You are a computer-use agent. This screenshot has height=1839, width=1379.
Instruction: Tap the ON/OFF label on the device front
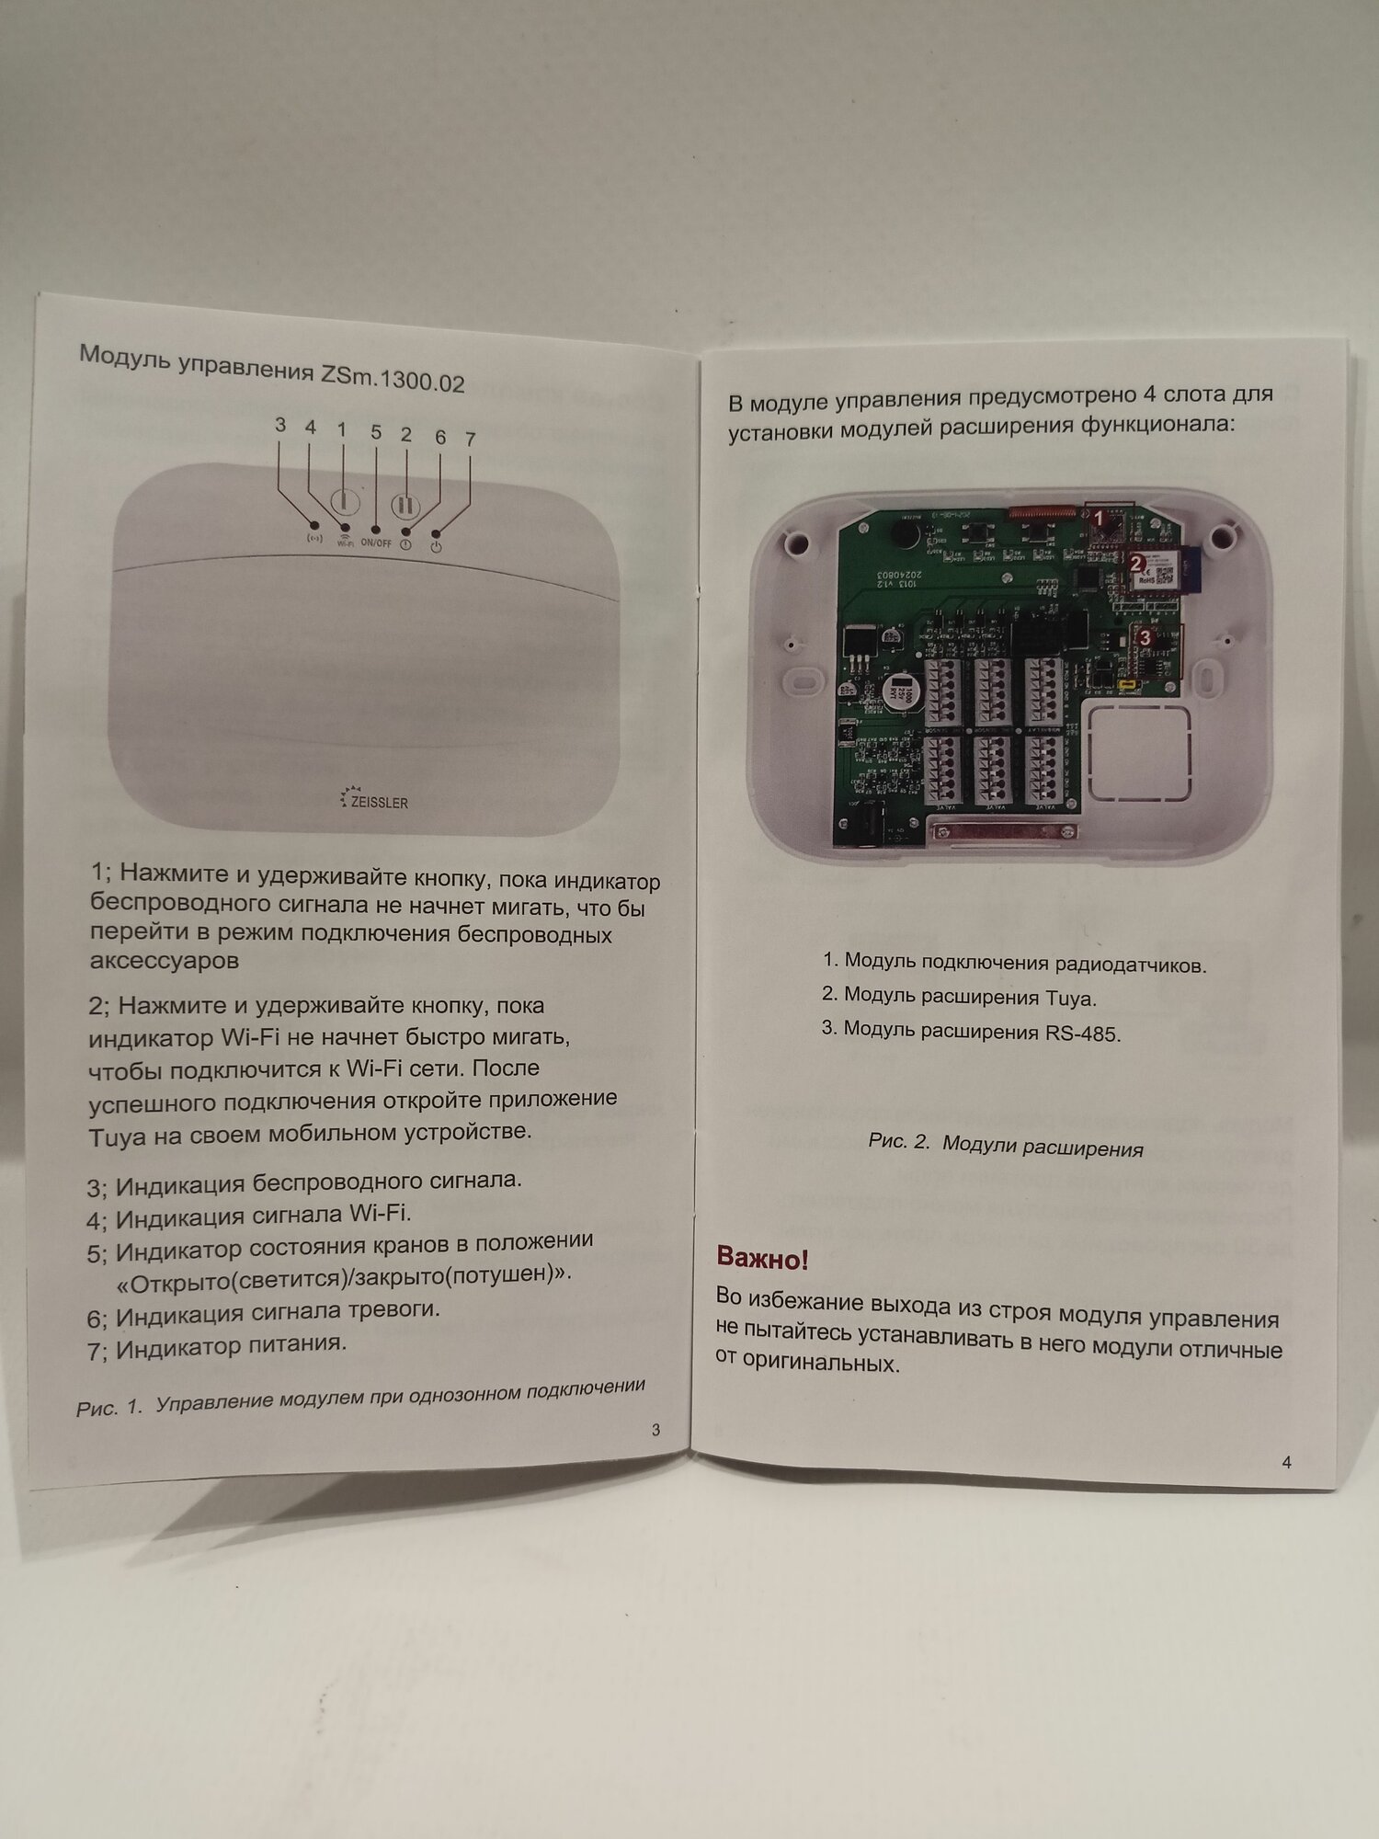376,543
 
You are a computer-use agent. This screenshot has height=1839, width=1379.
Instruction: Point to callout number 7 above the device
471,440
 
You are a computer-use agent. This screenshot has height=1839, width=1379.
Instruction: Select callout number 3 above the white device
280,425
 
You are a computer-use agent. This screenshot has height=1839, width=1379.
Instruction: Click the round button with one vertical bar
342,502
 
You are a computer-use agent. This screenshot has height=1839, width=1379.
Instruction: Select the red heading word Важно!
762,1258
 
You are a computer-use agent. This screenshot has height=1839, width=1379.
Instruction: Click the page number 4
1286,1462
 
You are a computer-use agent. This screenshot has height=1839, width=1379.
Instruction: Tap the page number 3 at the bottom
655,1429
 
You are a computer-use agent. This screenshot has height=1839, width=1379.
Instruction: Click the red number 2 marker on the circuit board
1135,563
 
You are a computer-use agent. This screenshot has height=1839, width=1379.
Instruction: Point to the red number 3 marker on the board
1145,635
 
